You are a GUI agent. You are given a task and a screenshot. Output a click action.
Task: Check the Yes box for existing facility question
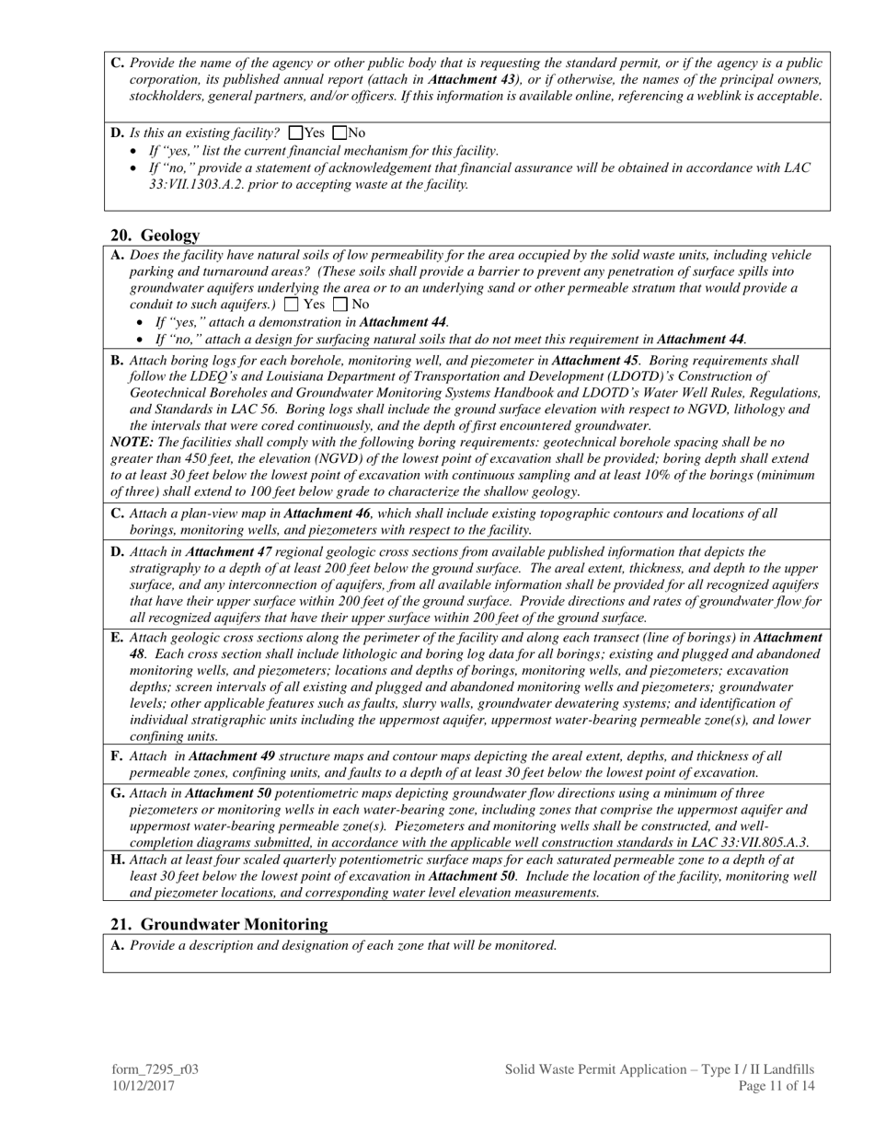click(295, 133)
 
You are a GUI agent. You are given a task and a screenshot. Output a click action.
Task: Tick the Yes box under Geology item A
click(292, 305)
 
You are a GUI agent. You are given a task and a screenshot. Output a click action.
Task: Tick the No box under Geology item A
click(340, 305)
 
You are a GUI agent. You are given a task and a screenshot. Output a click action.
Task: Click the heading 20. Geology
click(155, 236)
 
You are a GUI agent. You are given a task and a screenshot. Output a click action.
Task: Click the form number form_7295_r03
click(155, 1069)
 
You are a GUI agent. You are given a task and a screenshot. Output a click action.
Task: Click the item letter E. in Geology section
click(117, 637)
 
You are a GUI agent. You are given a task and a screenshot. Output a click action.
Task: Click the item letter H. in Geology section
click(118, 859)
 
